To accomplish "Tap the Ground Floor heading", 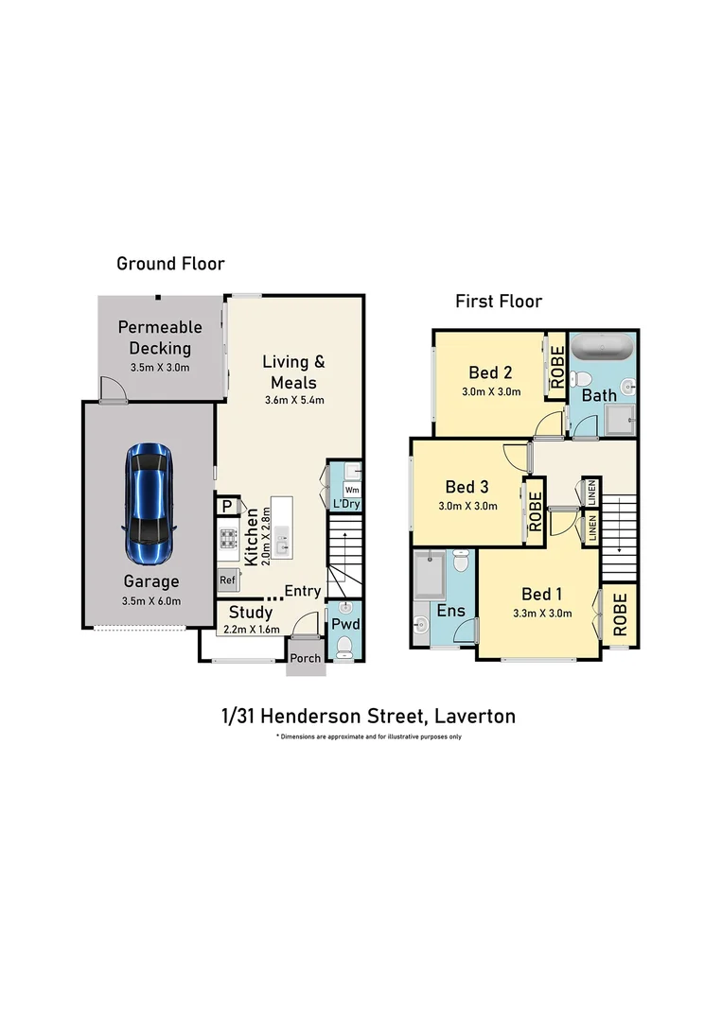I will [170, 264].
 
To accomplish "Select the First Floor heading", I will [499, 302].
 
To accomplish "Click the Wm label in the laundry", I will [351, 490].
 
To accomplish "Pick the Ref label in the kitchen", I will [227, 580].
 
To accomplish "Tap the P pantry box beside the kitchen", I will [227, 507].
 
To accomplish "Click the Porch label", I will [306, 659].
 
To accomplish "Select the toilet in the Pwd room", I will [345, 646].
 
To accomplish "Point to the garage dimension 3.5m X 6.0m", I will [151, 600].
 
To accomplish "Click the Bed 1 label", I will [542, 594].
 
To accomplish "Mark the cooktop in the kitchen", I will [229, 539].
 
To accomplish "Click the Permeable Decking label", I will [160, 337].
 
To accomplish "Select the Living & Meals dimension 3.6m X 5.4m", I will [293, 400].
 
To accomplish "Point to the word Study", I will [251, 613].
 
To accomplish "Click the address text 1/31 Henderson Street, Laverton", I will [368, 716].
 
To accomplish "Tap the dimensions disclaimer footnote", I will [368, 736].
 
